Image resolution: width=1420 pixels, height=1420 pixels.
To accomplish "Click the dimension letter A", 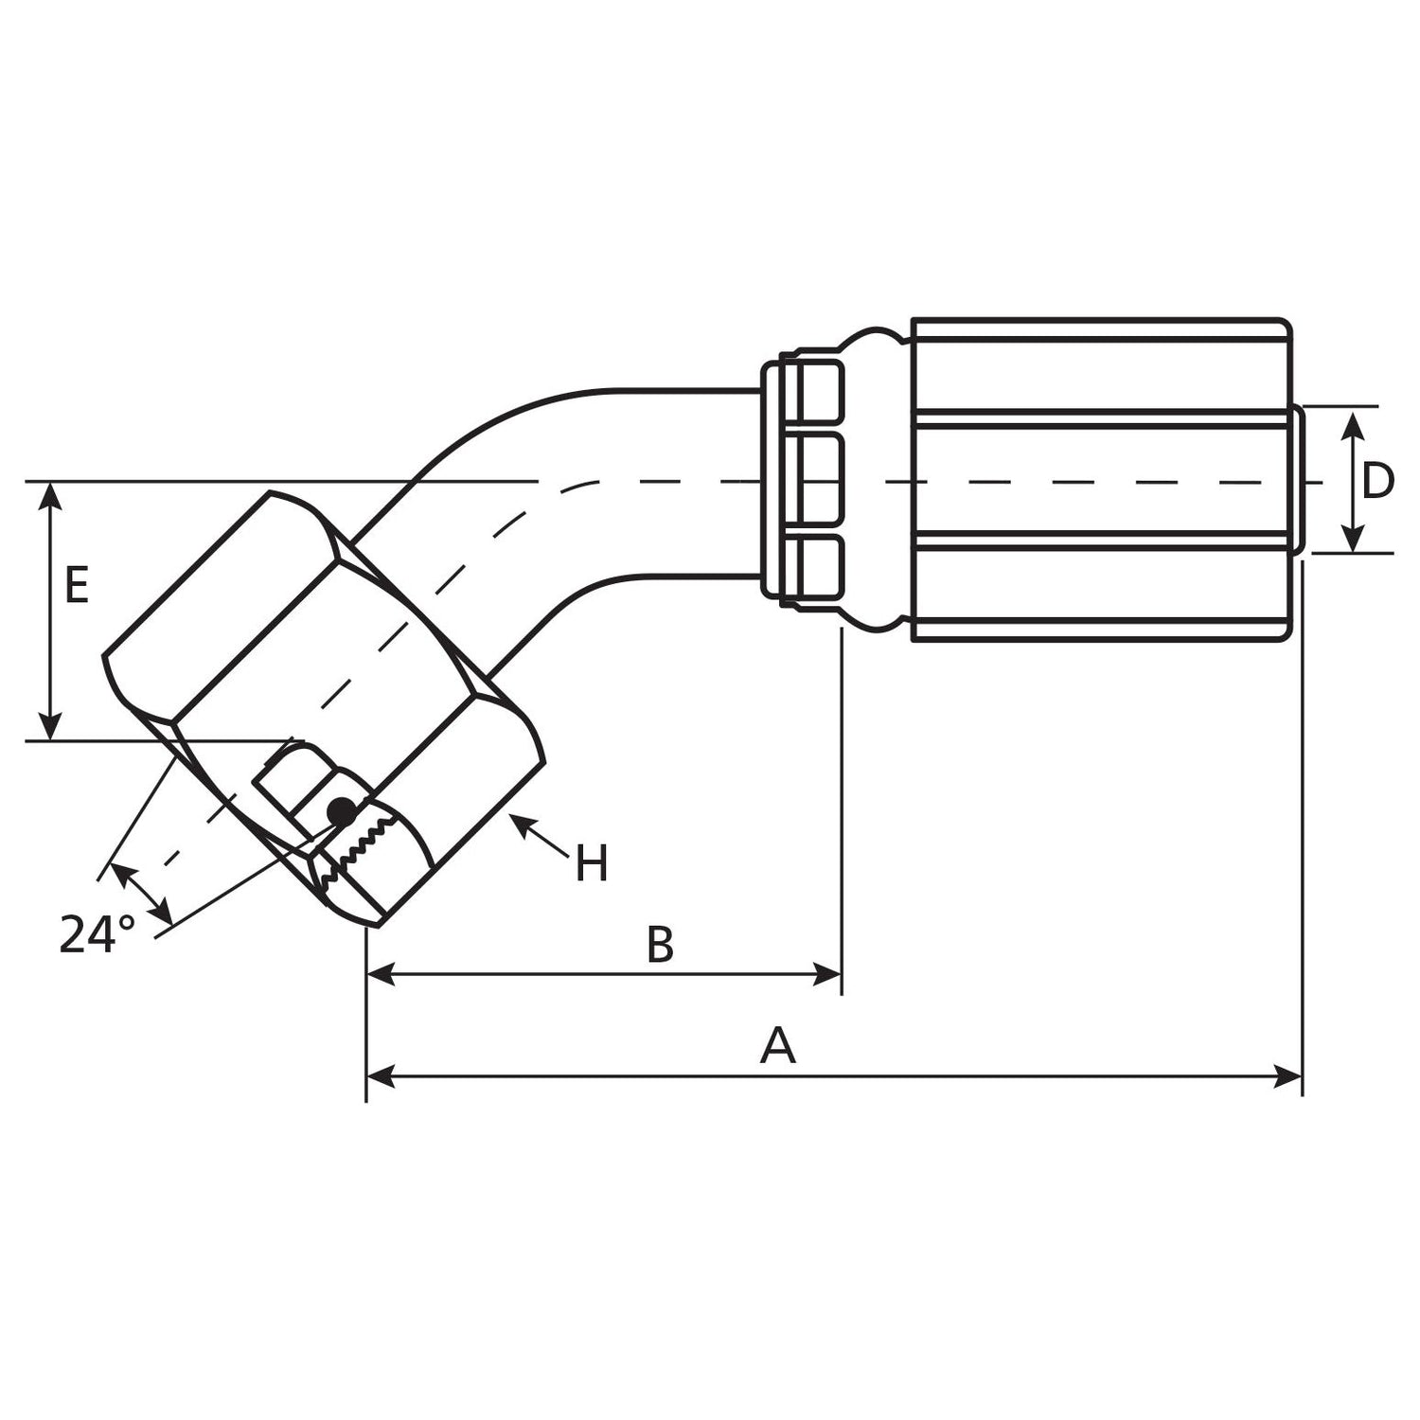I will click(x=777, y=1046).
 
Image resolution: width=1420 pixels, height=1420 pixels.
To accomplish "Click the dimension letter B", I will click(x=660, y=944).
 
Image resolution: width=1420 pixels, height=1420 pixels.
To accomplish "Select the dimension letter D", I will click(x=1377, y=481).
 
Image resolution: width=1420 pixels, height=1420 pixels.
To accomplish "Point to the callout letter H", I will click(x=592, y=864).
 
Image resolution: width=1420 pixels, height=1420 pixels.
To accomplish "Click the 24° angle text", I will click(x=97, y=935).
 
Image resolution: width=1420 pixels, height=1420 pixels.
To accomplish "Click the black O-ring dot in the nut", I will click(x=341, y=810).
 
